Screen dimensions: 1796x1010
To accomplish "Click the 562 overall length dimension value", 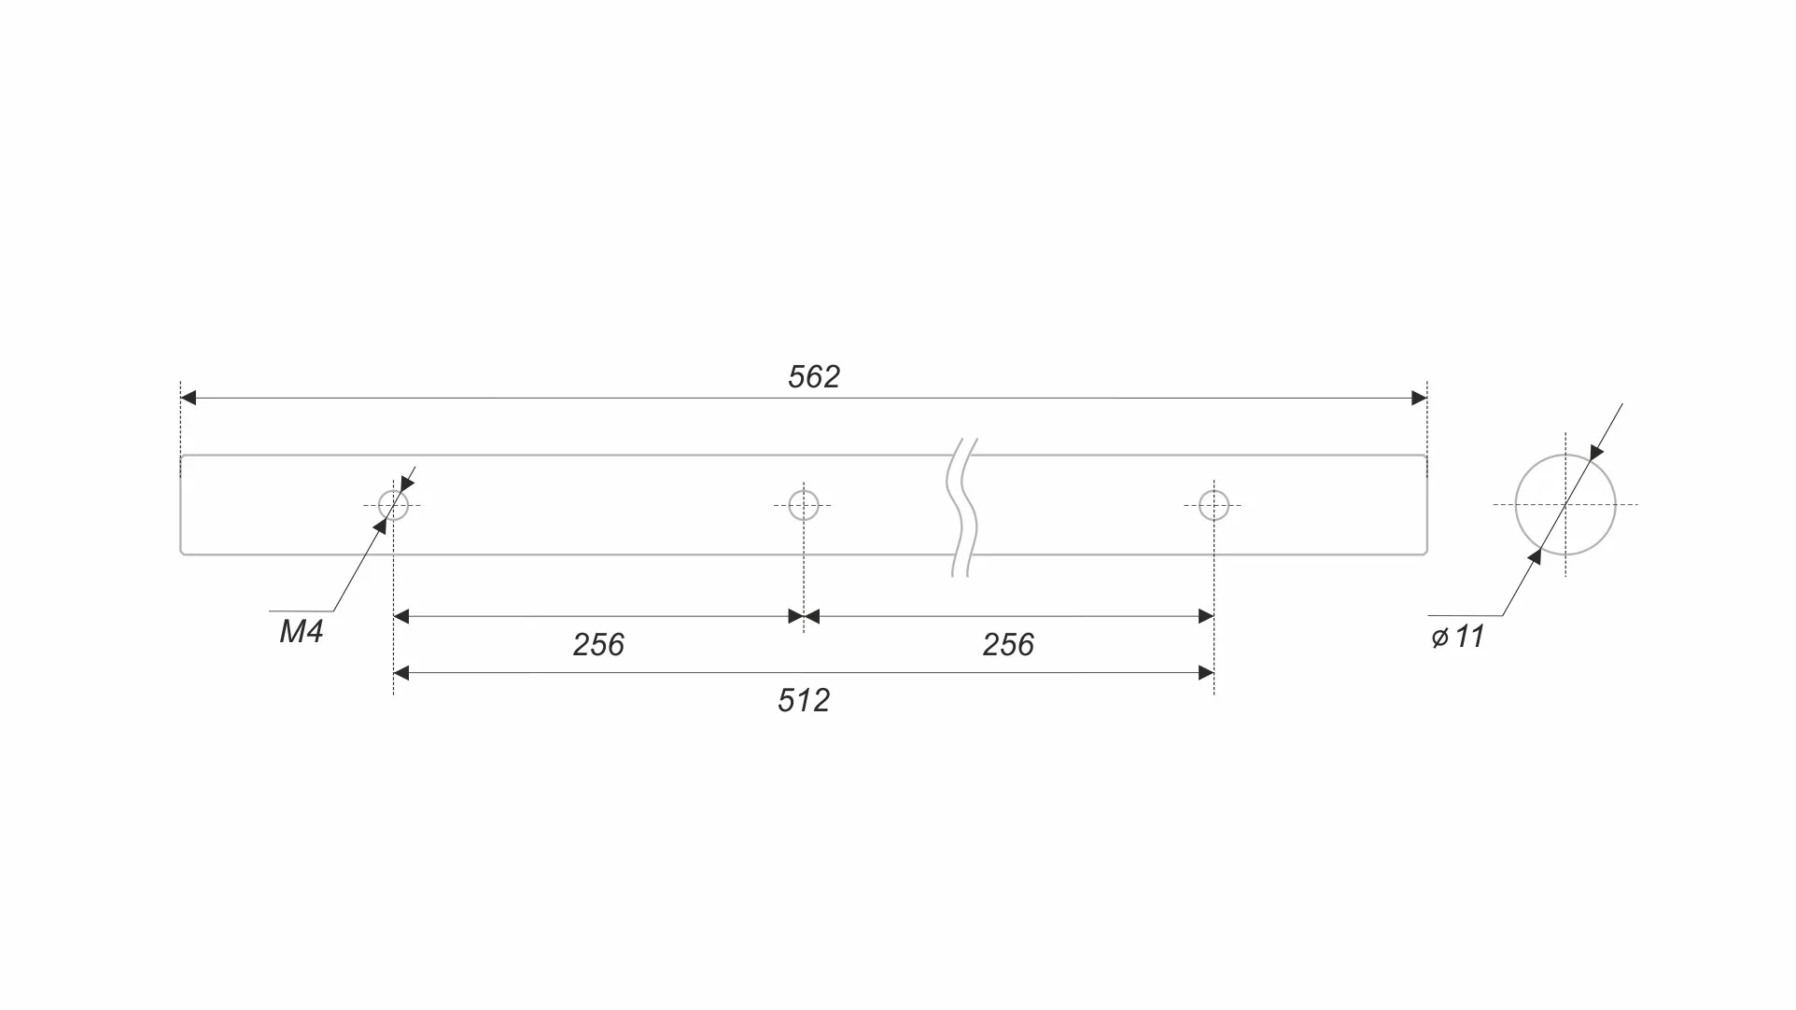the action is click(814, 376).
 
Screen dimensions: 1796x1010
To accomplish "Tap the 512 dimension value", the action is click(804, 700).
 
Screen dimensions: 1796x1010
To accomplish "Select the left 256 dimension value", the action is click(598, 644).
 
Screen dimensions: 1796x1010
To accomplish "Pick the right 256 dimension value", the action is click(1008, 644).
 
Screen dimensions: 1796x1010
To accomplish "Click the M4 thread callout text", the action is click(302, 632).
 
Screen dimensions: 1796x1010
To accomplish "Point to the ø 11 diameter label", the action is click(1458, 637).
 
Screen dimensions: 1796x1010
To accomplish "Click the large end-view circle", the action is click(1515, 505).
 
